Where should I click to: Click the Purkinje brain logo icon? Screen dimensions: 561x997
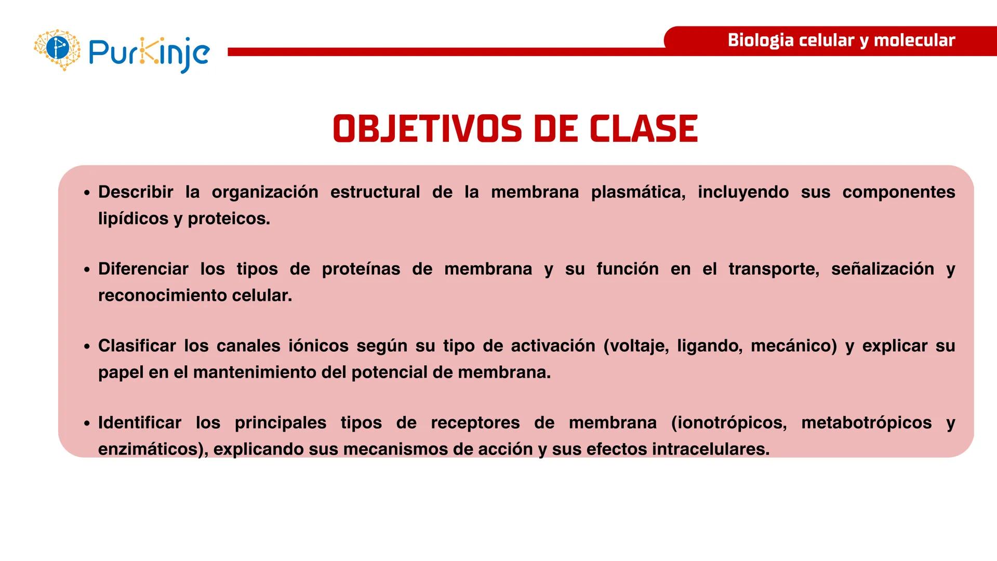pos(57,49)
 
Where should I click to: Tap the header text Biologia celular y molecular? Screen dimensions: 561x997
pos(841,41)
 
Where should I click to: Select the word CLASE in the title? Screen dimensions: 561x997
pos(644,129)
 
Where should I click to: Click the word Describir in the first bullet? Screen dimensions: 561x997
pos(136,192)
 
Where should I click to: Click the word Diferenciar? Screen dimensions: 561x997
pos(143,269)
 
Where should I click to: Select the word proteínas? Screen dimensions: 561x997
pos(361,269)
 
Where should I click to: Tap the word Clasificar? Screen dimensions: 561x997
pos(137,346)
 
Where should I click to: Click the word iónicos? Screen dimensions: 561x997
pos(318,346)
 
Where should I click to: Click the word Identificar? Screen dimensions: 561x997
pos(140,423)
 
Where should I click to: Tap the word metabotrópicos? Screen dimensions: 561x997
pos(866,423)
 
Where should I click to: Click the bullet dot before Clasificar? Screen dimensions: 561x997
pos(87,346)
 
